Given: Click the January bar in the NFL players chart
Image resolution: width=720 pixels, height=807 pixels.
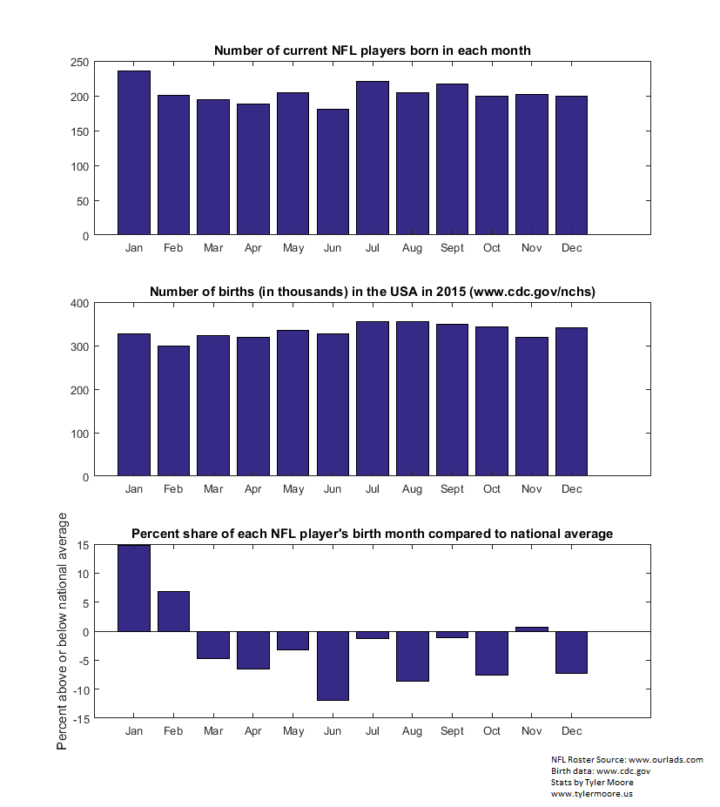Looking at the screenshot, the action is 134,153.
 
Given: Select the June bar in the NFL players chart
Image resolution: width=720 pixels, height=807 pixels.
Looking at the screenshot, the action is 333,171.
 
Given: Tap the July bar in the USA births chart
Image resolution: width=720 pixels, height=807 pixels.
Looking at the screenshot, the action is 373,399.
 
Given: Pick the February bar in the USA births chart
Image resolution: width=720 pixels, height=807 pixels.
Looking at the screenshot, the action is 173,411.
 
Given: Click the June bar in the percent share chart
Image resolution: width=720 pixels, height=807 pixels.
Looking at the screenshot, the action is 333,666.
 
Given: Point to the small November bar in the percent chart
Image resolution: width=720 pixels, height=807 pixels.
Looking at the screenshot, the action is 532,629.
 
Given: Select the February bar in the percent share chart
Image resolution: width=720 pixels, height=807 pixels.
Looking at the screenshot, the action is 173,611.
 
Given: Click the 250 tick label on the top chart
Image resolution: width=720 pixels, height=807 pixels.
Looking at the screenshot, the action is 80,63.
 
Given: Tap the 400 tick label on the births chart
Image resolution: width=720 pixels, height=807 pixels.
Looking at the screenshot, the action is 80,304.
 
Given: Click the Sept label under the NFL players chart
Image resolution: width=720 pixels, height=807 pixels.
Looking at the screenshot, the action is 452,248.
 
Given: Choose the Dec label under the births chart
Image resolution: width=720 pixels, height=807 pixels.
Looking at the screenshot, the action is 572,489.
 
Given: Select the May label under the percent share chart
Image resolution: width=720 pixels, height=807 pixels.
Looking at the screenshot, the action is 293,731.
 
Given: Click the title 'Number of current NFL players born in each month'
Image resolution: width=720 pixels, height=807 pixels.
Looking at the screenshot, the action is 373,50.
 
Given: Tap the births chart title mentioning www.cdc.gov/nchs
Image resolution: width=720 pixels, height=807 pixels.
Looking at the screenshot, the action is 373,292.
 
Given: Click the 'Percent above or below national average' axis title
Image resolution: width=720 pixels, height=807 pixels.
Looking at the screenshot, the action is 62,631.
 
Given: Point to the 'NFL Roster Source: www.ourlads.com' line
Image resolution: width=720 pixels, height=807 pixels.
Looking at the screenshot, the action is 627,760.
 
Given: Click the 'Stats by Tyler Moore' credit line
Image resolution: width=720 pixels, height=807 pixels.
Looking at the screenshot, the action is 592,783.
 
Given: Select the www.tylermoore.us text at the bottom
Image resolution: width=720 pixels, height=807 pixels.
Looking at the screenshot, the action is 592,794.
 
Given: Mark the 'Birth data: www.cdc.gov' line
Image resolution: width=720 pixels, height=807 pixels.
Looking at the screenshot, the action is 601,771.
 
